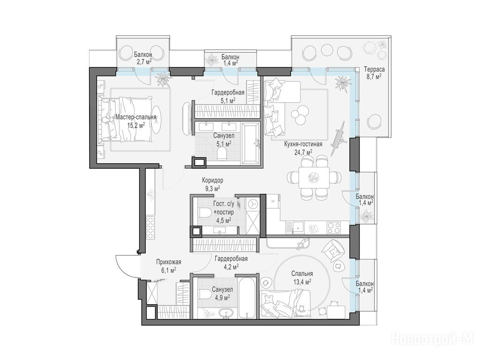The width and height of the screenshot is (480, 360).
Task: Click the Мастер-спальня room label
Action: (136, 117)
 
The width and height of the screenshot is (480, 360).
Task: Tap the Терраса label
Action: (374, 69)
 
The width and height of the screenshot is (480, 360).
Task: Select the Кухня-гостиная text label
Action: (303, 144)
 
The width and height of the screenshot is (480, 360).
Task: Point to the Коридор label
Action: (212, 180)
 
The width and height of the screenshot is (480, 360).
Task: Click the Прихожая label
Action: (169, 262)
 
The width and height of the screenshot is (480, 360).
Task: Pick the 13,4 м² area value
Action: (302, 282)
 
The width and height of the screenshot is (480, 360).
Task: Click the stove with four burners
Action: (334, 227)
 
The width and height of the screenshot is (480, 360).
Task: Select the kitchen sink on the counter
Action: (298, 227)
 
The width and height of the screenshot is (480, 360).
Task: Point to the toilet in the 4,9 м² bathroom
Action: (204, 294)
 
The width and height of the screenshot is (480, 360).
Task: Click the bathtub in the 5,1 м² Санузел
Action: (251, 142)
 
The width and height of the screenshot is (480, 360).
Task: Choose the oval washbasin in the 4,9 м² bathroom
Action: (226, 313)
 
